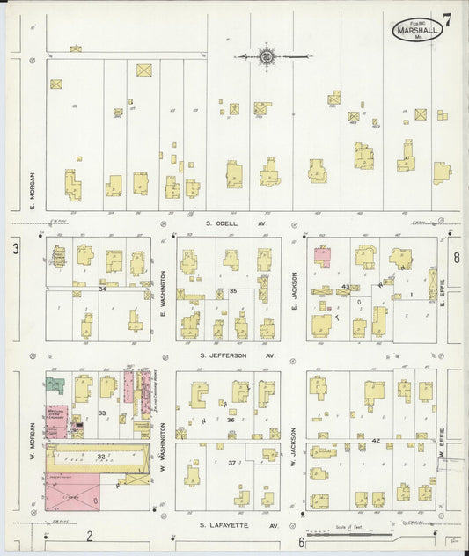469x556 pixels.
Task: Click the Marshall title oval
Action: (418, 32)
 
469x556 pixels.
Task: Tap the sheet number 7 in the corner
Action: (449, 19)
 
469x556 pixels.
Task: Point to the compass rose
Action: (266, 57)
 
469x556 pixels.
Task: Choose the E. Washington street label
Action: (164, 294)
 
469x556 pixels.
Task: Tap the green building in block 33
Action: (55, 385)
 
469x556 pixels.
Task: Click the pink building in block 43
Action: (323, 257)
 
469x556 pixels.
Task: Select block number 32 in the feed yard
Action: (100, 457)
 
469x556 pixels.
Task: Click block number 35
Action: (233, 290)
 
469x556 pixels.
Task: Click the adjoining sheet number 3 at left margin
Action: (15, 250)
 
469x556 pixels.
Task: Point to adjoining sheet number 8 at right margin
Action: (457, 258)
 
